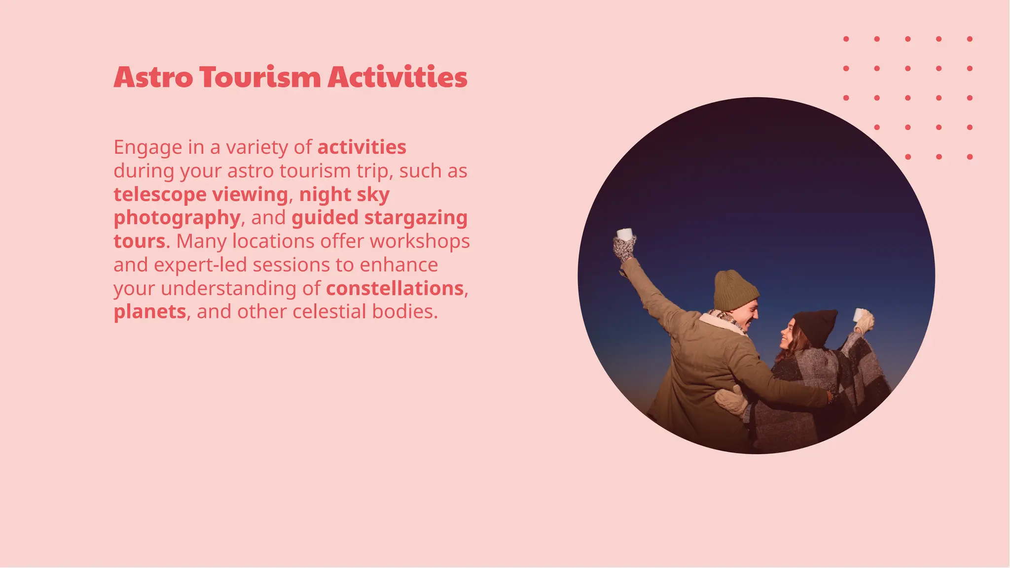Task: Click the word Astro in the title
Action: [x=153, y=77]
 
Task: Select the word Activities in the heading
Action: [x=397, y=77]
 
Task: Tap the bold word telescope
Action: [x=160, y=195]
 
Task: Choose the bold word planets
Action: [x=150, y=312]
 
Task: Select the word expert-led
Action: [x=200, y=265]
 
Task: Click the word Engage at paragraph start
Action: [x=148, y=147]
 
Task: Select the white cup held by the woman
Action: [x=860, y=314]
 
